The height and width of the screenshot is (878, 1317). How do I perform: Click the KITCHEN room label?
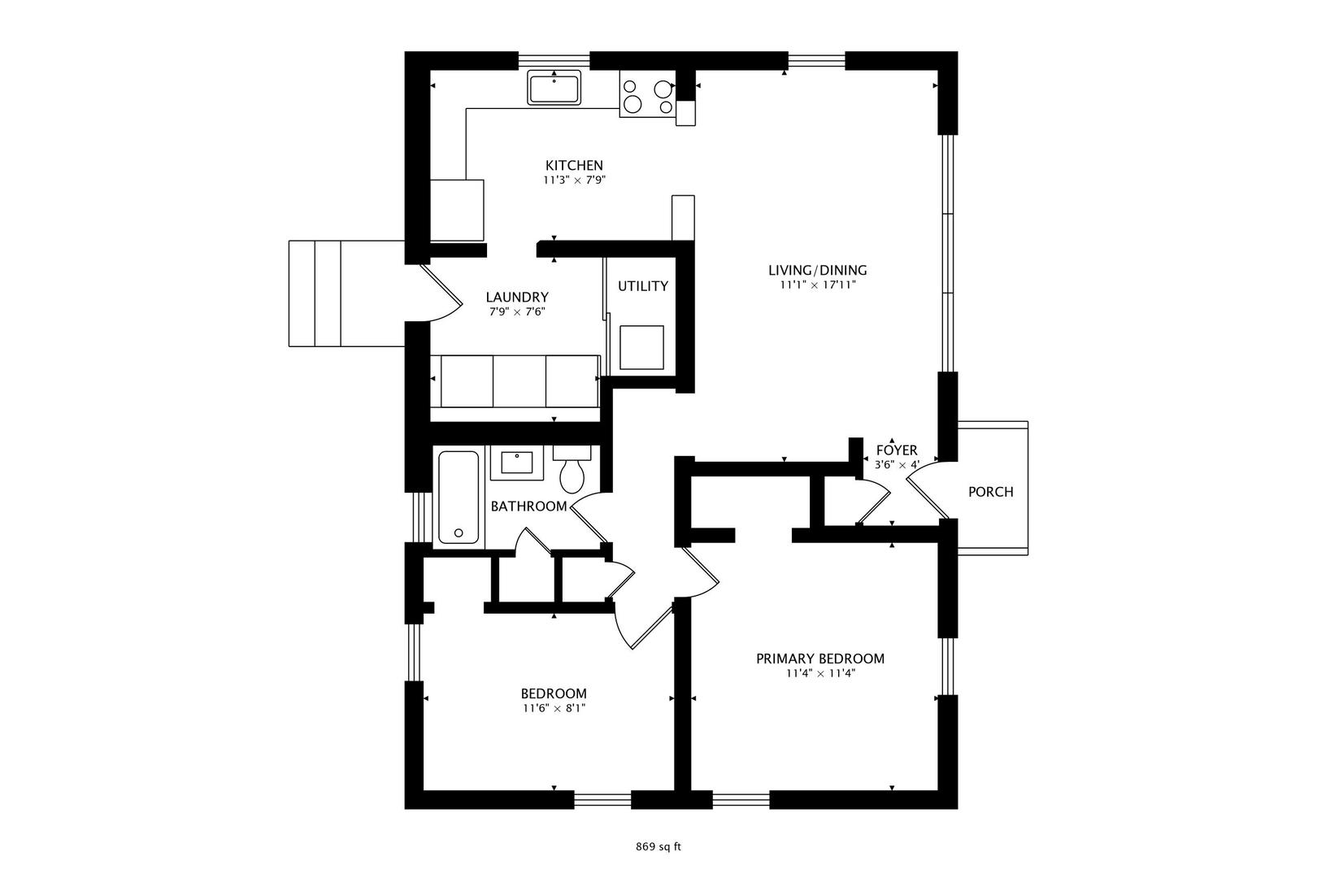coord(575,165)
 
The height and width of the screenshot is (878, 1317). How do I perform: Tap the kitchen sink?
coord(554,88)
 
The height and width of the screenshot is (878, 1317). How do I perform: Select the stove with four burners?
coord(648,94)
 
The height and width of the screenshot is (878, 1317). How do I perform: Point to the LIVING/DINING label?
coord(817,270)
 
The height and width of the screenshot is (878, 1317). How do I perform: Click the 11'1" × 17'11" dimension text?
coord(817,285)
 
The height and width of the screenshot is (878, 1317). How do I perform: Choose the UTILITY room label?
coord(642,286)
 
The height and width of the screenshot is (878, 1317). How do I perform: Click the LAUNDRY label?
coord(517,297)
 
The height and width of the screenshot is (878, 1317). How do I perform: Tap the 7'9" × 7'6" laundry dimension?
coord(517,311)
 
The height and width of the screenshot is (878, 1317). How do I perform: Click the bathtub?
coord(459,497)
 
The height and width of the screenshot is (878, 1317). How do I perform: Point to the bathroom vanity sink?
coord(517,463)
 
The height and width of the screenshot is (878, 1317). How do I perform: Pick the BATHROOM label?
coord(529,506)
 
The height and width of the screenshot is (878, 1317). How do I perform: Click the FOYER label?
coord(897,450)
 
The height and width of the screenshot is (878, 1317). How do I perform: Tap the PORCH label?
coord(991,492)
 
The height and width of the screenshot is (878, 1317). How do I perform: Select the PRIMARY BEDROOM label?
coord(820,658)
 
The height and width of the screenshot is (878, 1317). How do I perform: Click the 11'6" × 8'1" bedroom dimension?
coord(554,709)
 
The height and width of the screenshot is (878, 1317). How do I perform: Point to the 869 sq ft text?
coord(658,847)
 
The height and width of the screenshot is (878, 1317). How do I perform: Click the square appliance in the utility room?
coord(641,348)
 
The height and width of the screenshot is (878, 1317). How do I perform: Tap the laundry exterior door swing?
coord(441,293)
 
